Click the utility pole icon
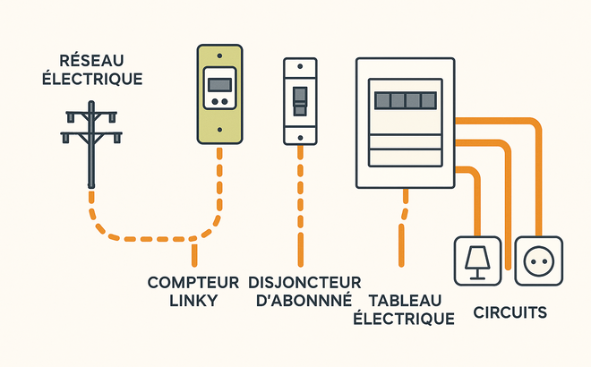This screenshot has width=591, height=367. (x=90, y=148)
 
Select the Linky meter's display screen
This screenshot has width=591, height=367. (x=219, y=86)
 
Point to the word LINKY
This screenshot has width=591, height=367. (x=193, y=301)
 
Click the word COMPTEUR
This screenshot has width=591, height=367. (x=193, y=282)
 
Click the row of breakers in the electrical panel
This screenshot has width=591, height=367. (x=406, y=98)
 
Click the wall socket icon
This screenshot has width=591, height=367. (x=538, y=260)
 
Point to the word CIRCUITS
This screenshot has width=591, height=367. (x=510, y=313)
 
